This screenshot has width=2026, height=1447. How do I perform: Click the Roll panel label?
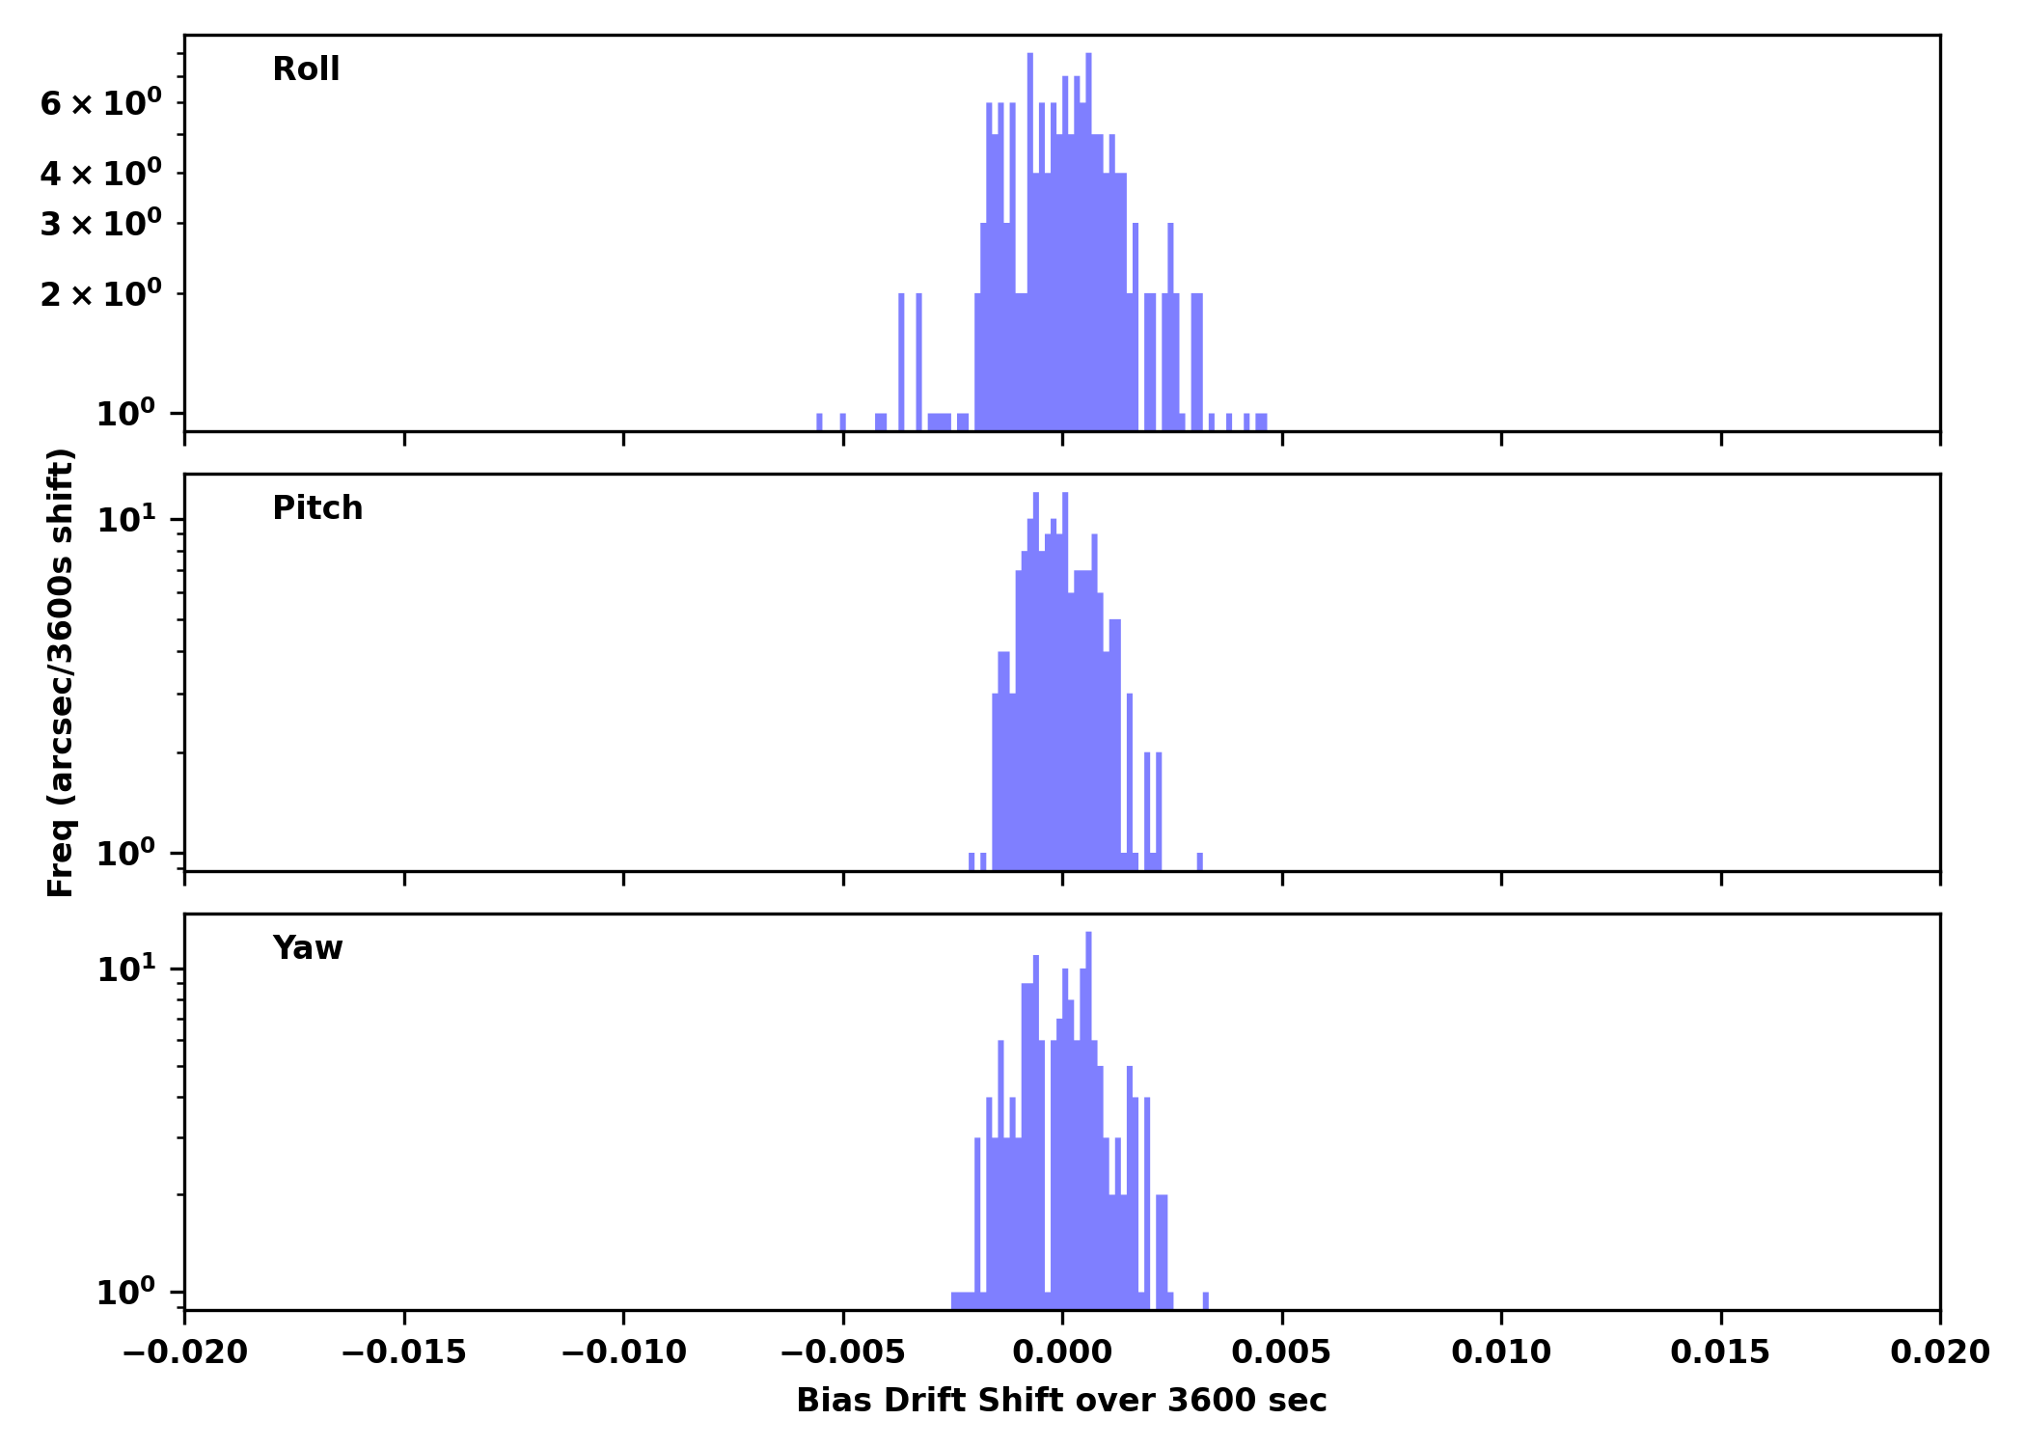[x=306, y=69]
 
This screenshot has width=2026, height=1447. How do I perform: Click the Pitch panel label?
[x=317, y=508]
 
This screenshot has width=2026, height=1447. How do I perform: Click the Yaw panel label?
[x=308, y=948]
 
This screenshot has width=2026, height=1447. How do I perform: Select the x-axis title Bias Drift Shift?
[x=1061, y=1401]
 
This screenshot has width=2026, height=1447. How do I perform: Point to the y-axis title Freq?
[x=61, y=672]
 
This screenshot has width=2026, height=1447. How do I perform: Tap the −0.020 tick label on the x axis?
[x=184, y=1352]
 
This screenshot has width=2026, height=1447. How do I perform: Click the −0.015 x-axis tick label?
[x=404, y=1352]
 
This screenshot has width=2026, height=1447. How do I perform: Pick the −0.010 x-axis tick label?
[x=623, y=1352]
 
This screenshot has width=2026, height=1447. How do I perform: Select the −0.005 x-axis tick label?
[x=843, y=1352]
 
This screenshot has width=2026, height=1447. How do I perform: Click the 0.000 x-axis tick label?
[x=1062, y=1352]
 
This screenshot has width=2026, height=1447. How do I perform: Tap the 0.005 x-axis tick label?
[x=1281, y=1352]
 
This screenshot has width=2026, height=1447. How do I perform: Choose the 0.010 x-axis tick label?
[x=1501, y=1352]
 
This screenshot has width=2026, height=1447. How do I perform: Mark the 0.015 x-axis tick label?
[x=1720, y=1352]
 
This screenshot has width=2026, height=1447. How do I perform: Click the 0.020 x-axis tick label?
[x=1939, y=1352]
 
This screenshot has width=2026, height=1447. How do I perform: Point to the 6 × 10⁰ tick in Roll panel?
[x=100, y=103]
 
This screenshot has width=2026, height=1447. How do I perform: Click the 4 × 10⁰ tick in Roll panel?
[x=100, y=174]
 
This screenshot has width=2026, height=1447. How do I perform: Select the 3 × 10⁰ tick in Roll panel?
[x=100, y=224]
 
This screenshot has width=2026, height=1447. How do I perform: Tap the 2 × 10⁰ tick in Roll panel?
[x=100, y=294]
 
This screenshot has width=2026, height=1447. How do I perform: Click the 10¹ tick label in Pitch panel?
[x=125, y=521]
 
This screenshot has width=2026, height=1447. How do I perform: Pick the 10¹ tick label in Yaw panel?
[x=125, y=969]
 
